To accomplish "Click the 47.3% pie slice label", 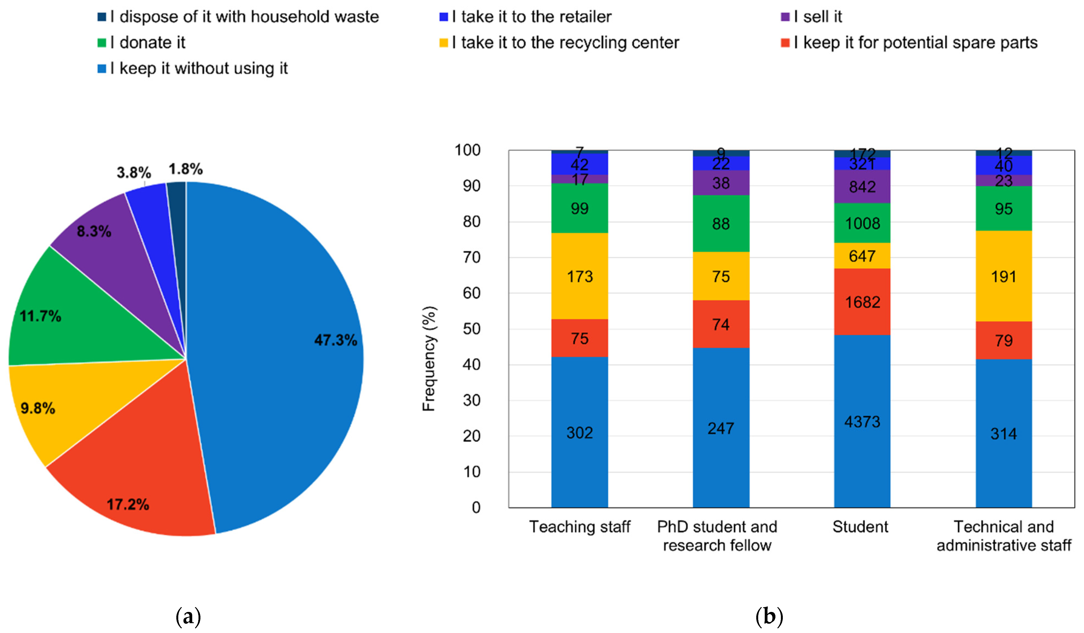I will tap(335, 340).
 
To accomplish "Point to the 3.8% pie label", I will tap(134, 173).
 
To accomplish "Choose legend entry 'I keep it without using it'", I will tap(198, 68).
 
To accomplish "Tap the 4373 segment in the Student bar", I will tap(862, 421).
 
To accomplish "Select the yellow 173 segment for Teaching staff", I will tap(579, 276).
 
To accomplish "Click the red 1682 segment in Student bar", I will tap(862, 302).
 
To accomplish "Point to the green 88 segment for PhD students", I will tap(721, 223).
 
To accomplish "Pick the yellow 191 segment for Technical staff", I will tap(1004, 276).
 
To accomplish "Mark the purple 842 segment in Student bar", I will tap(862, 187).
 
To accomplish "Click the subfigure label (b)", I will tap(769, 617).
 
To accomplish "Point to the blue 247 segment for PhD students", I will tap(721, 428).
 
